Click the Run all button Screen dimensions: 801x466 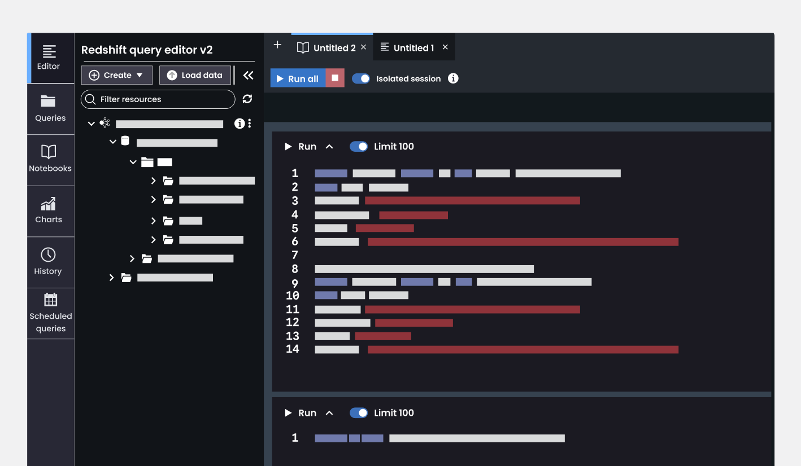[x=298, y=78]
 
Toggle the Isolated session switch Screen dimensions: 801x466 [x=361, y=78]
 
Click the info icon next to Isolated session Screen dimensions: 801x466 [x=453, y=78]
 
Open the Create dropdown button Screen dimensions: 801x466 [x=116, y=75]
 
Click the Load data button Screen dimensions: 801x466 [x=195, y=75]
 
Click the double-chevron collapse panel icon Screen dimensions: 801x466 [x=248, y=75]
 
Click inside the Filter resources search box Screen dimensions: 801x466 [x=158, y=99]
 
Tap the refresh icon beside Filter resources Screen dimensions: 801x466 [x=247, y=99]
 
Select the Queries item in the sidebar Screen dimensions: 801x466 [x=50, y=109]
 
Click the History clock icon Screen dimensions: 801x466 [x=48, y=255]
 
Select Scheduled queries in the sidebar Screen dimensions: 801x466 [x=50, y=313]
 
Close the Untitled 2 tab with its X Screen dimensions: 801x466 [x=364, y=47]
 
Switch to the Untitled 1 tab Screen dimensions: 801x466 [x=413, y=47]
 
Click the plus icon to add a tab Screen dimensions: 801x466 [x=277, y=45]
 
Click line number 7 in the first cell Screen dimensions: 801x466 [x=295, y=255]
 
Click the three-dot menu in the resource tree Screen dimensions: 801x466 [x=250, y=123]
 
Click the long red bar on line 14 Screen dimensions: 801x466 [x=523, y=350]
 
